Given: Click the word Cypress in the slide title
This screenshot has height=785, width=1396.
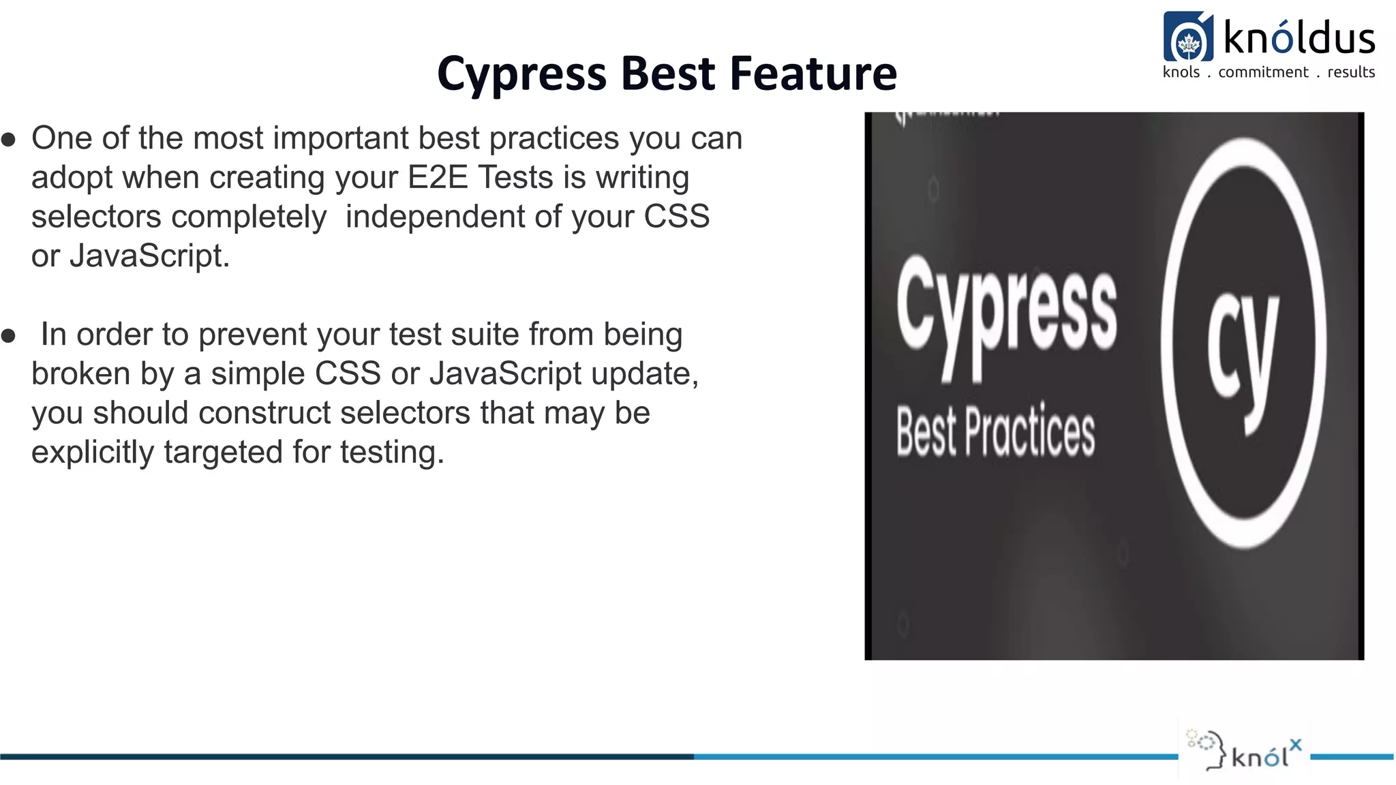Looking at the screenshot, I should [x=521, y=74].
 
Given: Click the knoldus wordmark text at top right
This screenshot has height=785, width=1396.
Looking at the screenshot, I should [x=1299, y=37].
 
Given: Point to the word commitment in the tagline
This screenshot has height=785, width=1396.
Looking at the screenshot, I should [x=1263, y=72].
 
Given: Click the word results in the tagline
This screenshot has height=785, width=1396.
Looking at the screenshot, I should [x=1350, y=72].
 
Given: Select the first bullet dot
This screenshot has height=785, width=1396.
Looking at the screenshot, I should [x=9, y=140].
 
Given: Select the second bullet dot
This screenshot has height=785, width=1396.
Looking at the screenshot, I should [x=9, y=336].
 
